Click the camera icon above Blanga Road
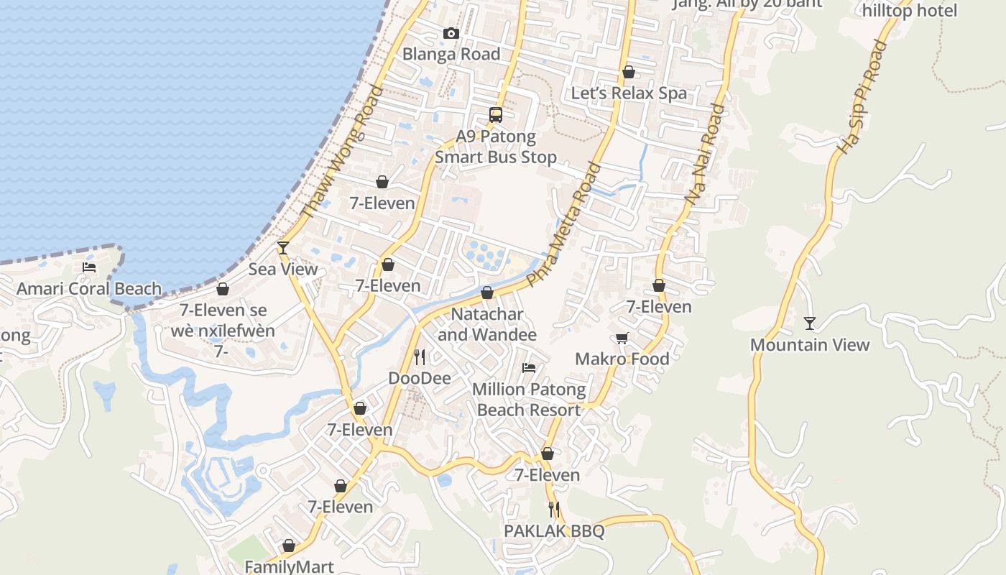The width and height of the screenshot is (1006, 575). pos(451,34)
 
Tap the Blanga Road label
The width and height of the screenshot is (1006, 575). pos(451,54)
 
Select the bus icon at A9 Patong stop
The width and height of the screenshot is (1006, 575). pos(495,114)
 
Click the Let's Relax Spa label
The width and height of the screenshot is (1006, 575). pos(629,93)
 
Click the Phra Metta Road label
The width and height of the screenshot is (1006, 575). pos(564,224)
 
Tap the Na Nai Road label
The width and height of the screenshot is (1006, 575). pos(705,157)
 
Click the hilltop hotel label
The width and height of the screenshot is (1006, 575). pos(910,11)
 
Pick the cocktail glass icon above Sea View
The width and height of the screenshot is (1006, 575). pos(283,248)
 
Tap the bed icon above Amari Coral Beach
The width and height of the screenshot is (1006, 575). pos(89,267)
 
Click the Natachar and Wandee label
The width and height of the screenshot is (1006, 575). pos(487,325)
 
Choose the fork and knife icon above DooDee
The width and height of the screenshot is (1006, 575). pos(420,356)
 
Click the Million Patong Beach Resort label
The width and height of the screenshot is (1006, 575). pos(529,400)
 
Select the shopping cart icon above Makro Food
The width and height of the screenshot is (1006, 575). pos(622,338)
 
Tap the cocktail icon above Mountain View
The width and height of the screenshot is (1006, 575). pos(810,323)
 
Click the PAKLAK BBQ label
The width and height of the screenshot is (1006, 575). pos(554,532)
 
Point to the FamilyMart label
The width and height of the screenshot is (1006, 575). pos(290,566)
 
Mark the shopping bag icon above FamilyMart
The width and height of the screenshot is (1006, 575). pos(289,546)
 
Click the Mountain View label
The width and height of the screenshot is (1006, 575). pos(810,345)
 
